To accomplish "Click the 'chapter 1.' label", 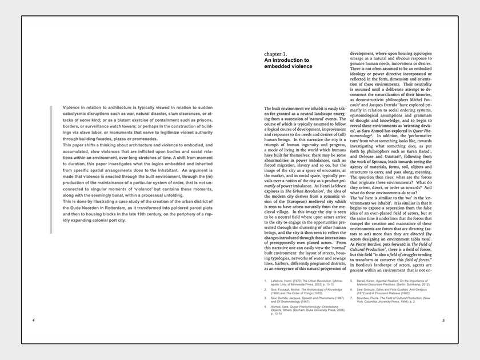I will coord(275,53).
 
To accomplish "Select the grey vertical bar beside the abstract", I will coord(51,169).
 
